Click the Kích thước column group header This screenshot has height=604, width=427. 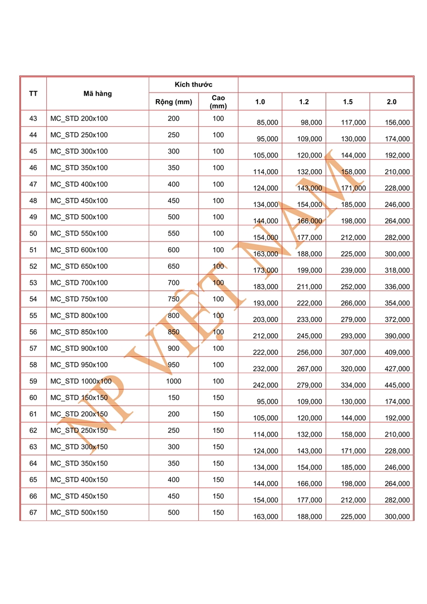tap(194, 85)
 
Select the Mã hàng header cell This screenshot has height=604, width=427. tap(98, 94)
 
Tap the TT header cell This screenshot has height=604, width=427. tap(33, 94)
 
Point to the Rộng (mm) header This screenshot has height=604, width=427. tap(174, 102)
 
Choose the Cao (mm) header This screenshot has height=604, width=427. tap(218, 102)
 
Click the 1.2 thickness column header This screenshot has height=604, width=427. tap(304, 102)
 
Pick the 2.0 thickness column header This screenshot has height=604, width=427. tap(392, 102)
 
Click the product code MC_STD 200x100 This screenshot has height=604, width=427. tap(79, 119)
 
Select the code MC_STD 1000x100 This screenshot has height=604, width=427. tap(81, 382)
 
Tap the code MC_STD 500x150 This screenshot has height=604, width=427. tap(79, 513)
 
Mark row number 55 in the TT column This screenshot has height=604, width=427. tap(33, 316)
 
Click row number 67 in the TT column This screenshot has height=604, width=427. tap(33, 513)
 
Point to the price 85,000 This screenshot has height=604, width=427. tap(267, 122)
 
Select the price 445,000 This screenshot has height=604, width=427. tap(397, 385)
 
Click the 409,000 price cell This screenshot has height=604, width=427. tap(397, 352)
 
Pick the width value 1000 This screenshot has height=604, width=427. tap(174, 382)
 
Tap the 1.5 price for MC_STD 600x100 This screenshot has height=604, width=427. tap(354, 254)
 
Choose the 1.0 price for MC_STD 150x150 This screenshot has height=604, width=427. tap(267, 402)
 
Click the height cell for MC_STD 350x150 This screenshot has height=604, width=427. tap(218, 464)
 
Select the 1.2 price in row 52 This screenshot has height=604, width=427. tap(310, 270)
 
